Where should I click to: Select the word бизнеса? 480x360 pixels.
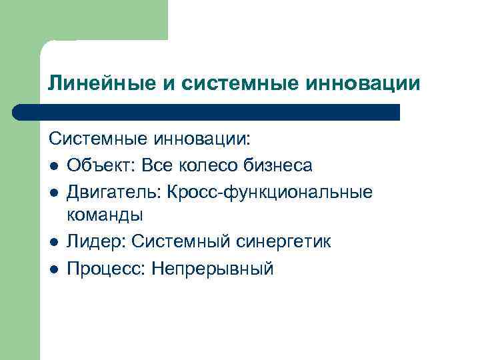pyautogui.click(x=283, y=165)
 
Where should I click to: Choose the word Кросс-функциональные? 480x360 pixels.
pyautogui.click(x=271, y=192)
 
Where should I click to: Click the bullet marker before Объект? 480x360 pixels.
pyautogui.click(x=54, y=165)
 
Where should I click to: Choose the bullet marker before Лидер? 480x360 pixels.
pyautogui.click(x=54, y=242)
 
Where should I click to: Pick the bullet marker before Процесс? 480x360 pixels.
pyautogui.click(x=54, y=268)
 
